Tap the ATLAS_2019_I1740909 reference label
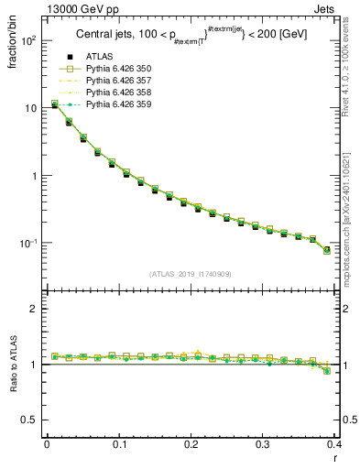coord(190,273)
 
